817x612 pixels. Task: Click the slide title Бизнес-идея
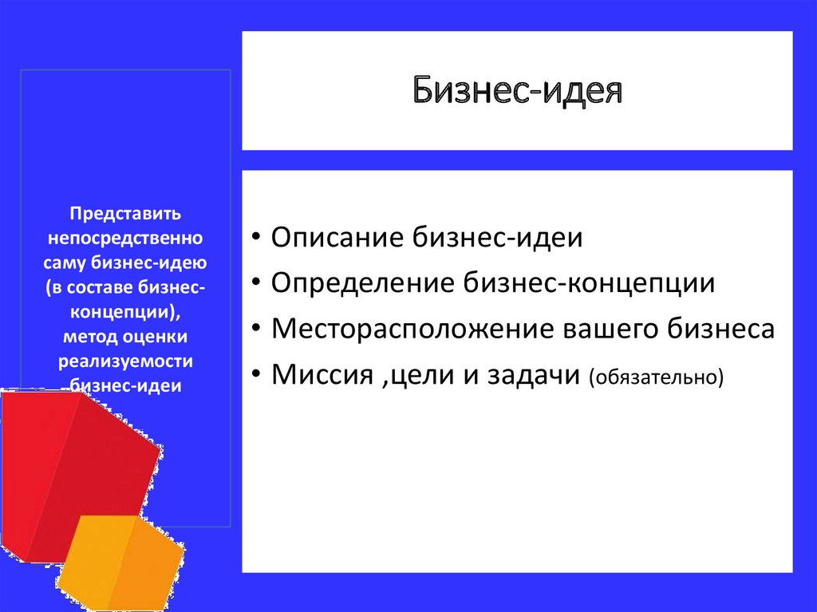click(517, 91)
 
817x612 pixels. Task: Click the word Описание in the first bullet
click(337, 237)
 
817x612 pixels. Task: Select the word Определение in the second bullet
click(363, 283)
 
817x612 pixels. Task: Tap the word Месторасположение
click(412, 330)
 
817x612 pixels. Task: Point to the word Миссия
click(322, 374)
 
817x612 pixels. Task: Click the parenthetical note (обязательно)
click(657, 377)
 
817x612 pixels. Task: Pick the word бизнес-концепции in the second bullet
click(590, 283)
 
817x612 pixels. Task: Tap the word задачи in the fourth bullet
click(534, 375)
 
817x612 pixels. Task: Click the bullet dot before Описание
click(255, 236)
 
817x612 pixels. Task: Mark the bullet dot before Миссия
click(255, 373)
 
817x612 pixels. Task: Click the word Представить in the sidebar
click(125, 214)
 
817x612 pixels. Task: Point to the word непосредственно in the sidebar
click(125, 239)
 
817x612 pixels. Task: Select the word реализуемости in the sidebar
click(125, 361)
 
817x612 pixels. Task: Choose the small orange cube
click(121, 563)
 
